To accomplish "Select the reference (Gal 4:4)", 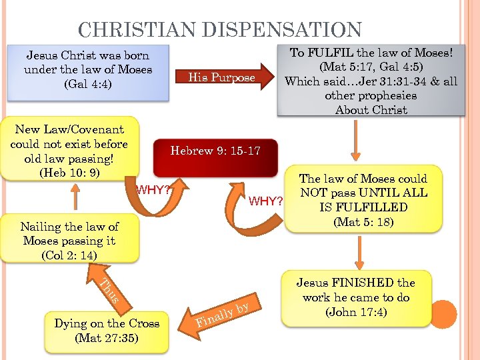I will tap(87, 84).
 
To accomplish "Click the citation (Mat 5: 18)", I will tap(363, 221).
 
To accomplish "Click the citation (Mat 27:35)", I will tap(107, 337).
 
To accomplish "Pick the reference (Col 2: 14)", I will tap(69, 255).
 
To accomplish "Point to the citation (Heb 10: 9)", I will tap(69, 173).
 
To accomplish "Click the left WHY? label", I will tap(153, 190).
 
